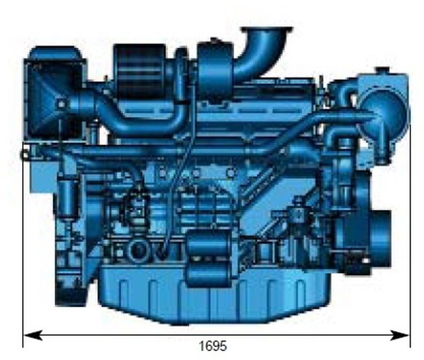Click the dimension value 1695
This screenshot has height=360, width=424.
pos(213,346)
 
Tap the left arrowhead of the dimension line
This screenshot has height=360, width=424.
pos(33,336)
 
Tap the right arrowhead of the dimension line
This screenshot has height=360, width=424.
pos(399,336)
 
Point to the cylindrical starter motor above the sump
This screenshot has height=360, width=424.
pos(208,258)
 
